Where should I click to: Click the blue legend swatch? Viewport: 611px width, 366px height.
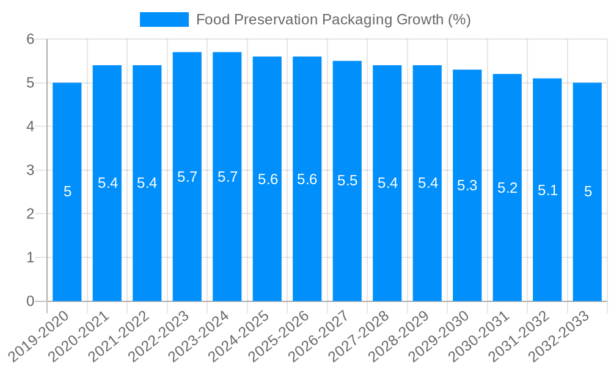coord(164,20)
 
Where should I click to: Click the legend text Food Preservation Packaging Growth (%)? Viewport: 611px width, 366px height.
coord(333,20)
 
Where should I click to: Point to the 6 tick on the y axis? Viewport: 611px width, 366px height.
coord(31,39)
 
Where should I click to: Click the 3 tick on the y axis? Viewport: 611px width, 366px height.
coord(31,170)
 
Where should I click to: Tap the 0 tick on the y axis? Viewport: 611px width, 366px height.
coord(31,301)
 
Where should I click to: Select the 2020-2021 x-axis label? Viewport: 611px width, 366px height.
coord(79,335)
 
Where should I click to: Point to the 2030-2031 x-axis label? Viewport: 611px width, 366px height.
coord(480,335)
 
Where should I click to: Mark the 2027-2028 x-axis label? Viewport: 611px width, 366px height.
coord(359,335)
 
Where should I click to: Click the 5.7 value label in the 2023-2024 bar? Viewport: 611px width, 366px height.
coord(227,177)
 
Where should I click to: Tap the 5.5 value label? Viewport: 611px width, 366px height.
coord(347,181)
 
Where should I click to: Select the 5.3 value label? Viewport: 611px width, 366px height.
coord(467,185)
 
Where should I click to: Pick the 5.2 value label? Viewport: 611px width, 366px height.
coord(507,188)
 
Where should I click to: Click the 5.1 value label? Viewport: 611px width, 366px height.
coord(547,190)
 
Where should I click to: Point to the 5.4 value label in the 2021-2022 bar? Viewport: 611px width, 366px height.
coord(147,183)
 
